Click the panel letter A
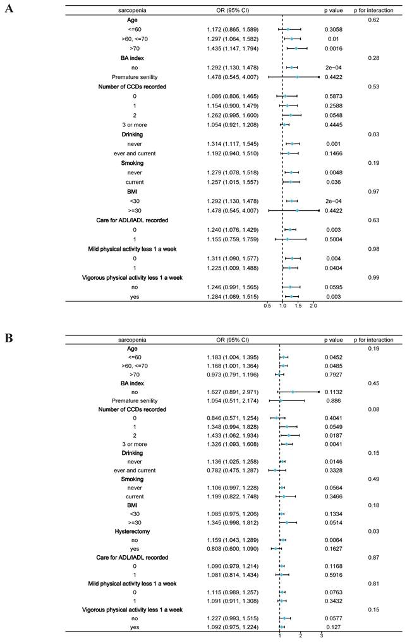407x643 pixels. (9, 9)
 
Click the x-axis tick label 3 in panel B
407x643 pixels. (322, 635)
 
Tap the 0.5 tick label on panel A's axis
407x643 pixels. (267, 305)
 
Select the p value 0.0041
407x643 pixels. (334, 443)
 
